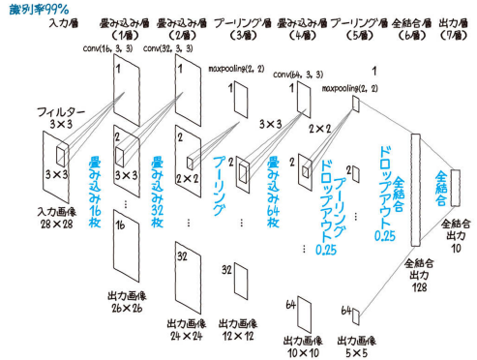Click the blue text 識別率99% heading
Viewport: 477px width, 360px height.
coord(39,9)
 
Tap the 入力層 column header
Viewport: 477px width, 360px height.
coord(64,23)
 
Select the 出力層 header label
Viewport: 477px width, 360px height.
coord(454,23)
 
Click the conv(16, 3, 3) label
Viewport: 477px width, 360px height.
coord(107,48)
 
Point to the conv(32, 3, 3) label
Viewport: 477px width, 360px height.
coord(168,48)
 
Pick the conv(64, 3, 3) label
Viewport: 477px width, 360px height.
coord(298,75)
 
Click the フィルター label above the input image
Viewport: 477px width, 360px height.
coord(61,112)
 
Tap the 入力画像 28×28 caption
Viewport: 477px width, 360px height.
coord(57,218)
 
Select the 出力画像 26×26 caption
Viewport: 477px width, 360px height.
coord(127,302)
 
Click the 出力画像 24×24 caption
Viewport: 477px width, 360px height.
coord(187,330)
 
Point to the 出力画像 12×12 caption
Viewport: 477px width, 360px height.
coord(238,330)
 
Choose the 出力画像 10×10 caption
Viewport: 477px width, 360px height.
coord(303,346)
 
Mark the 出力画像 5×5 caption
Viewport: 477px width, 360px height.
coord(357,346)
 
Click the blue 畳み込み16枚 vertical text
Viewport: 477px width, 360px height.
coord(95,192)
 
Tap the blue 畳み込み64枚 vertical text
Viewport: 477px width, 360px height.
coord(273,193)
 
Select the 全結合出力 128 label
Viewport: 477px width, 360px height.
coord(419,276)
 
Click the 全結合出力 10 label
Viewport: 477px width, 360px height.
coord(456,236)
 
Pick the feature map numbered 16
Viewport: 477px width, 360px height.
coord(127,246)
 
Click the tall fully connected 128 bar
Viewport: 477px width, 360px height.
coord(416,191)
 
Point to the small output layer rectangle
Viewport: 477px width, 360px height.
coord(456,188)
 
